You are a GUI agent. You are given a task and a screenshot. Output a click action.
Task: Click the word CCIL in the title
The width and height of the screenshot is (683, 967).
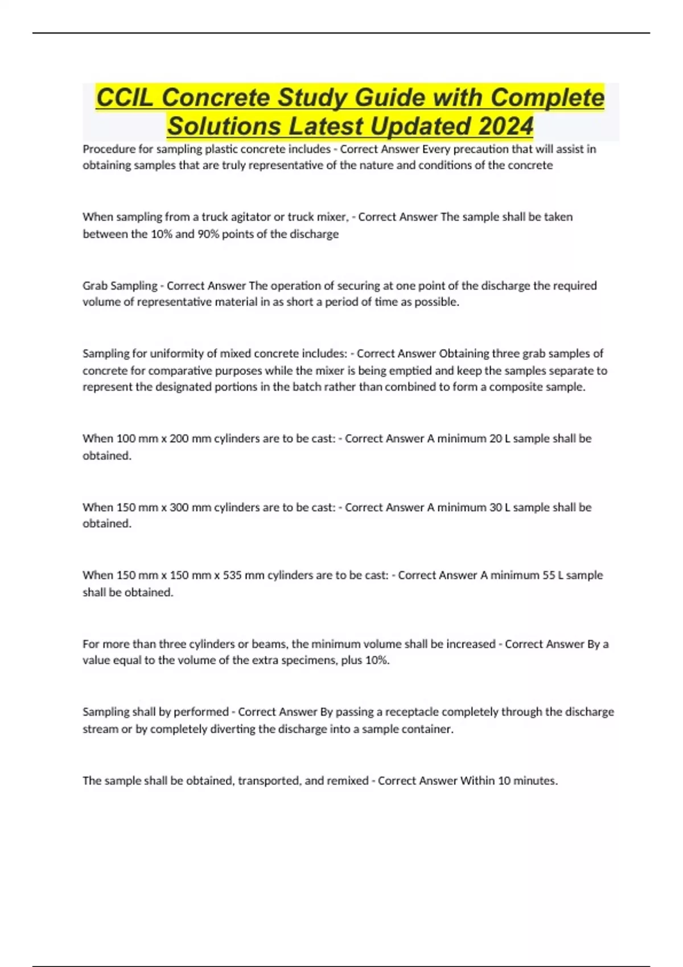[x=124, y=98]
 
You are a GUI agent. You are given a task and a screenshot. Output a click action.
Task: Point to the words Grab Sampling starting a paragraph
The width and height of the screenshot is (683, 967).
[x=120, y=286]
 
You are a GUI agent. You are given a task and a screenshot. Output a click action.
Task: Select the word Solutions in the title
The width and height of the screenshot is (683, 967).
[x=225, y=126]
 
